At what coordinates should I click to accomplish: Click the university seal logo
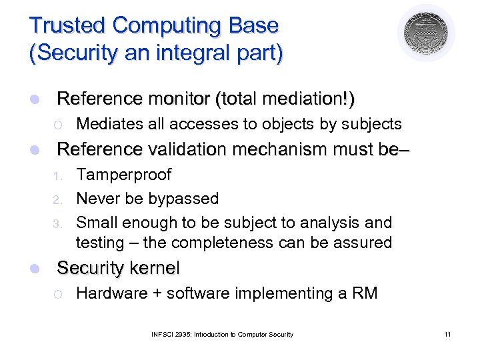427,33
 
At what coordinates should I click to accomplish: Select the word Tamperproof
124,175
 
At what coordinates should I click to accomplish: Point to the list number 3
57,223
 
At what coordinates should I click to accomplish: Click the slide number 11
447,334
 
